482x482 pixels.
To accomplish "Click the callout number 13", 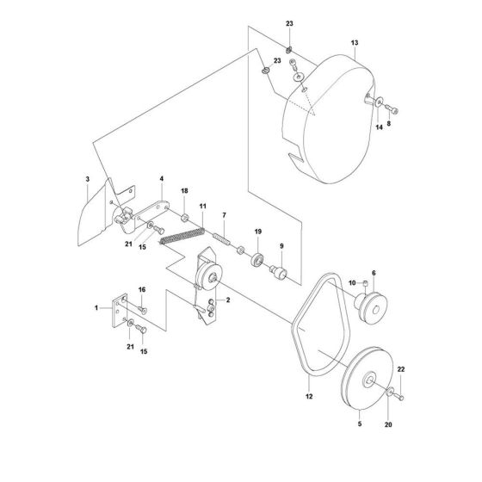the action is (355, 43).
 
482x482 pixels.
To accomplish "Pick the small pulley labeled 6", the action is (371, 307).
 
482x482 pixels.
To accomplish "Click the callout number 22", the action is (401, 369).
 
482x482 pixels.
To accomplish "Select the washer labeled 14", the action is (379, 102).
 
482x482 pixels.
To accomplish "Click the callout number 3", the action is (88, 179).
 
